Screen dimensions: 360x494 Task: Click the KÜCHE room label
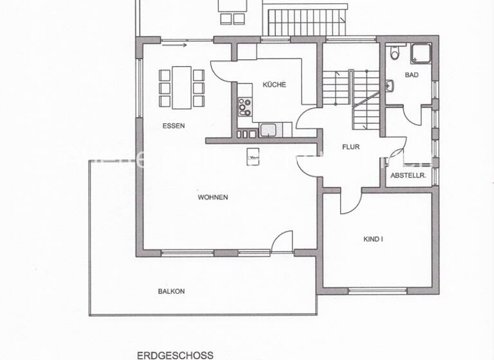(274, 85)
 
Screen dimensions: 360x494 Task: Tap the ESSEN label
(174, 126)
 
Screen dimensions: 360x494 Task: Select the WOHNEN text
(213, 197)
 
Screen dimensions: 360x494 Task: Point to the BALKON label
(171, 291)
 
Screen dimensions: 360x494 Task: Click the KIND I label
(373, 239)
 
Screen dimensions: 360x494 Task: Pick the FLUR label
(351, 147)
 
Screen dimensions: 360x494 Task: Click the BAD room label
(411, 75)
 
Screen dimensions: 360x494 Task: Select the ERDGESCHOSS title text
(175, 354)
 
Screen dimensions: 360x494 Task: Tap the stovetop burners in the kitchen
(244, 106)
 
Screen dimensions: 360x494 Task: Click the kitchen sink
(268, 130)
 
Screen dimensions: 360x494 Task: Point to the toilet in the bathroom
(396, 53)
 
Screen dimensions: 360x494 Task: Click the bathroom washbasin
(390, 85)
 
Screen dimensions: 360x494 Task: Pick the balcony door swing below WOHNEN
(281, 243)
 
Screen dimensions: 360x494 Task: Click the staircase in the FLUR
(352, 96)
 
